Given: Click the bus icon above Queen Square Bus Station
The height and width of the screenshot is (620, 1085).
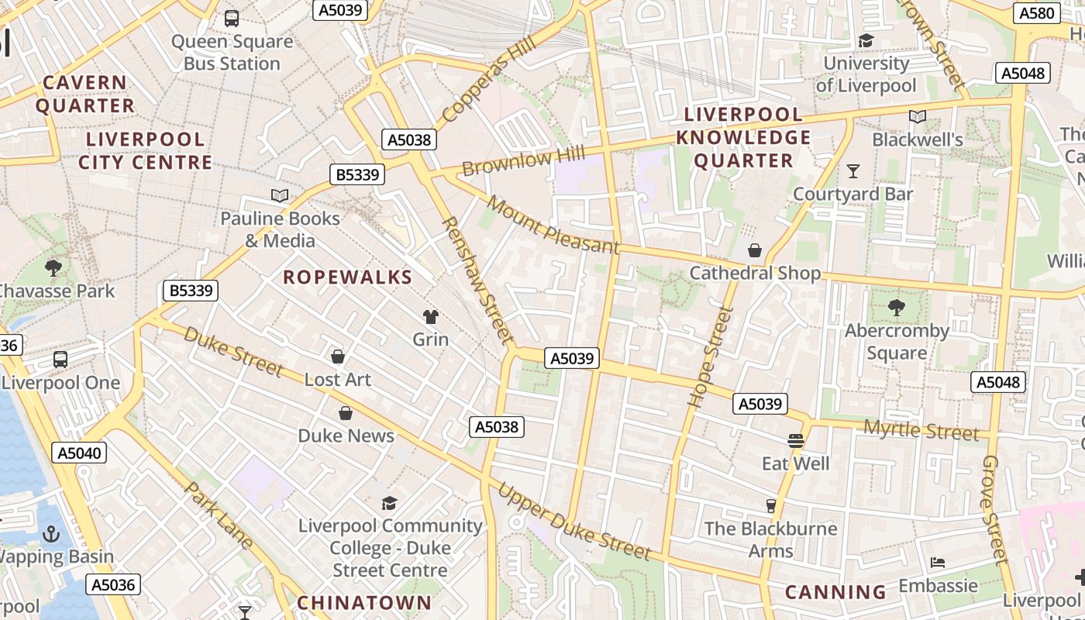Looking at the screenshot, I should tap(231, 18).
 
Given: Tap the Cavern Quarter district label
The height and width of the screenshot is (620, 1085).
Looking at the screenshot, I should tap(85, 94).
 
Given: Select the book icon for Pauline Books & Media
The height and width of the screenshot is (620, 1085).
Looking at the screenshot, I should tap(279, 195).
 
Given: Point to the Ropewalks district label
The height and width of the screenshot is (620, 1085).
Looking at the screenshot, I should tap(347, 277).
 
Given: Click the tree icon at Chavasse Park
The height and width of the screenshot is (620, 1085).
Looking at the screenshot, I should tap(53, 268).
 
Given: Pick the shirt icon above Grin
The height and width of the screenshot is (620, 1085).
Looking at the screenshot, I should tap(430, 316).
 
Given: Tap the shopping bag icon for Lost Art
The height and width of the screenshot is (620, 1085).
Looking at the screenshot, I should tap(337, 356).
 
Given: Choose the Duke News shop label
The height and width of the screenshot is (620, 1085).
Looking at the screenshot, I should tap(346, 436).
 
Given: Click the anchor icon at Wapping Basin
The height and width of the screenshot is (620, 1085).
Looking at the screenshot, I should tap(50, 534).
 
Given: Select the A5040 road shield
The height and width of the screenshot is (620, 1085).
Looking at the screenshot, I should tap(80, 453).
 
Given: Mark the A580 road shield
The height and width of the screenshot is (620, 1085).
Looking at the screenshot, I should tap(1036, 13).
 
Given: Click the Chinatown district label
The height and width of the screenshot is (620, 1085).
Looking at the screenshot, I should tap(364, 602).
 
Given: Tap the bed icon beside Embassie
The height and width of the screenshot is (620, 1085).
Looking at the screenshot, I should tap(938, 562).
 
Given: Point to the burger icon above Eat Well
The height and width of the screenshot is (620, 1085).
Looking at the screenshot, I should tap(795, 441).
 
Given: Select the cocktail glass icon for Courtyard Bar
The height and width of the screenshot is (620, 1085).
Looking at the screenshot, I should tap(853, 170).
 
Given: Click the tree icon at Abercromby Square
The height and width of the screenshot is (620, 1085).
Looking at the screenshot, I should tap(897, 308).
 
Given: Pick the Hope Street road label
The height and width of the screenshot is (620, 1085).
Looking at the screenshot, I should tap(701, 356).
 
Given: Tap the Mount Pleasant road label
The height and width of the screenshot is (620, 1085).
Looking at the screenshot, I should tap(553, 226).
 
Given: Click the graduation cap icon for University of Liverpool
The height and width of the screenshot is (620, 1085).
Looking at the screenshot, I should tap(866, 40).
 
